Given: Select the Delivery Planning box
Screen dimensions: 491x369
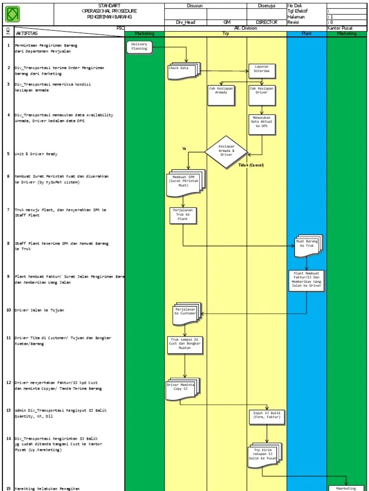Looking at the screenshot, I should click(x=139, y=47).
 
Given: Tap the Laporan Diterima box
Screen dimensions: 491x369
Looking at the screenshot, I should click(x=262, y=70).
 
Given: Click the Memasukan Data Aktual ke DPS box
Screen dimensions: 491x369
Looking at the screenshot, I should click(x=262, y=125).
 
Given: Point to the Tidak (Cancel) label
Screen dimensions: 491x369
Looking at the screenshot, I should click(x=251, y=165).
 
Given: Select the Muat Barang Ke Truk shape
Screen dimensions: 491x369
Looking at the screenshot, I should click(x=307, y=245).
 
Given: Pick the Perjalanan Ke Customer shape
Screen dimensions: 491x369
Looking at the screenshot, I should click(x=185, y=313).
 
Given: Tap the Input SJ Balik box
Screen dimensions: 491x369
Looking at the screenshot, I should click(x=266, y=417).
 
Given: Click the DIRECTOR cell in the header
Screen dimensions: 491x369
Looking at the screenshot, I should click(x=266, y=23).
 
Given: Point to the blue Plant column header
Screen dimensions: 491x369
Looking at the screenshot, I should click(x=306, y=34).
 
